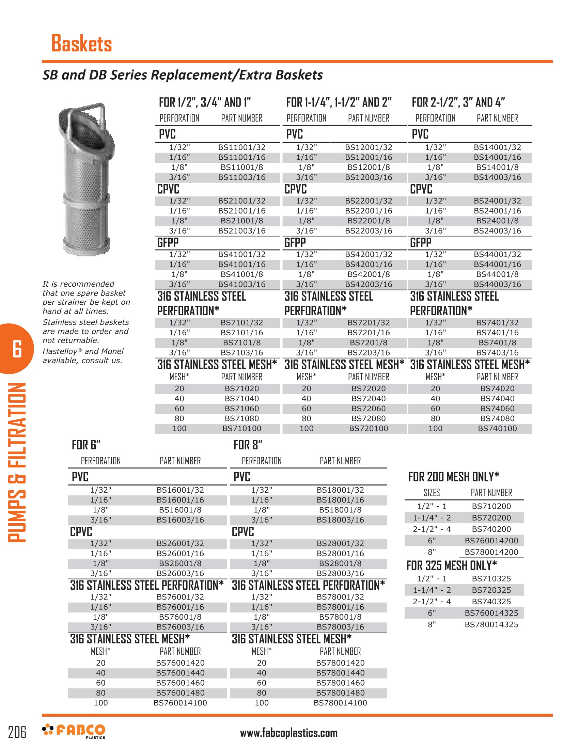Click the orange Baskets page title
82,44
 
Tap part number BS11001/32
242,147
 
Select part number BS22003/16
369,231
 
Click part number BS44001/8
497,274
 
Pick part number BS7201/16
369,333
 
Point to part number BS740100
497,428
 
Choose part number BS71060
242,409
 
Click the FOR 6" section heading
86,445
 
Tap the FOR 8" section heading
248,445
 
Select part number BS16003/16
180,520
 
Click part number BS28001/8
340,563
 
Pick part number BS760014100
180,703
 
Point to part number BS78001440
340,673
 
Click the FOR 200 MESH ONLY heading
453,477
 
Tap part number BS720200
491,518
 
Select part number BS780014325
491,624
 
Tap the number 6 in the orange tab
17,349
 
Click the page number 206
17,732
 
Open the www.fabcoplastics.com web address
288,733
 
